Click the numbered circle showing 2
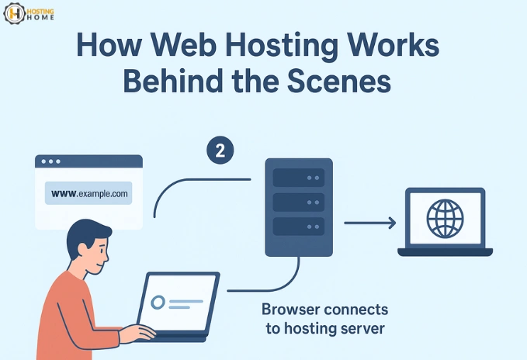[220, 151]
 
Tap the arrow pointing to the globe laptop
[369, 223]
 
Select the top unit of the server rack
[299, 178]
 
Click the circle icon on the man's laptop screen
[158, 301]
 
